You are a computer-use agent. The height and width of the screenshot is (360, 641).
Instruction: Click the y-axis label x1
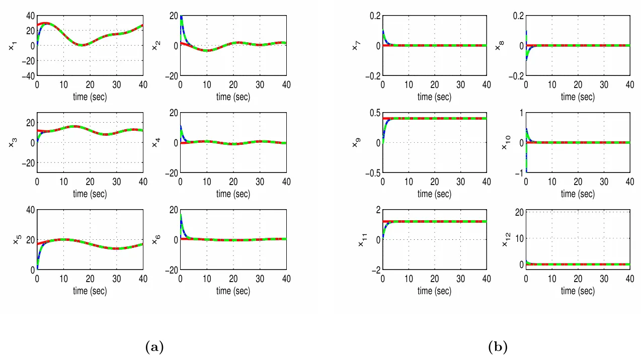12,46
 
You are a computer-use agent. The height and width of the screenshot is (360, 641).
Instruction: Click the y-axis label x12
506,239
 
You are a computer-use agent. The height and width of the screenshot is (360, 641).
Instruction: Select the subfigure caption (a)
154,347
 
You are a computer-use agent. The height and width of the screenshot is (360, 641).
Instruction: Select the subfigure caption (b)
498,347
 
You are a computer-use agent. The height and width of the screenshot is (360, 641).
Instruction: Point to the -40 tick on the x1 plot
27,75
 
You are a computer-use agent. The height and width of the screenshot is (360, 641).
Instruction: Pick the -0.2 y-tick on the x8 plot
515,75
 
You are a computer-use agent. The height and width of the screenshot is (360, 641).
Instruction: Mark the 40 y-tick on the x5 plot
29,210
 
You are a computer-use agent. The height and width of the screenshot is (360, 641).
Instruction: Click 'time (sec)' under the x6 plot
233,291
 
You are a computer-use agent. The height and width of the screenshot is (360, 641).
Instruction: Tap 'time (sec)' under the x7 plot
435,97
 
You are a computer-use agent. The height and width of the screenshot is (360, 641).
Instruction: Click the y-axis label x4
155,143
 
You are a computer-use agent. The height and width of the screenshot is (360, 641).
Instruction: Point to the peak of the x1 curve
45,23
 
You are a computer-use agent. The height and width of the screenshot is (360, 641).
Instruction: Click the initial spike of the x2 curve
181,18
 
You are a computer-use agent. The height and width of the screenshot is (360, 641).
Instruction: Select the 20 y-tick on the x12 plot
519,212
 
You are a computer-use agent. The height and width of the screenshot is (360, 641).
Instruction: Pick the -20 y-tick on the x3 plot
27,163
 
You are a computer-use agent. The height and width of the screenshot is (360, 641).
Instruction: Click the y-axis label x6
155,240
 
